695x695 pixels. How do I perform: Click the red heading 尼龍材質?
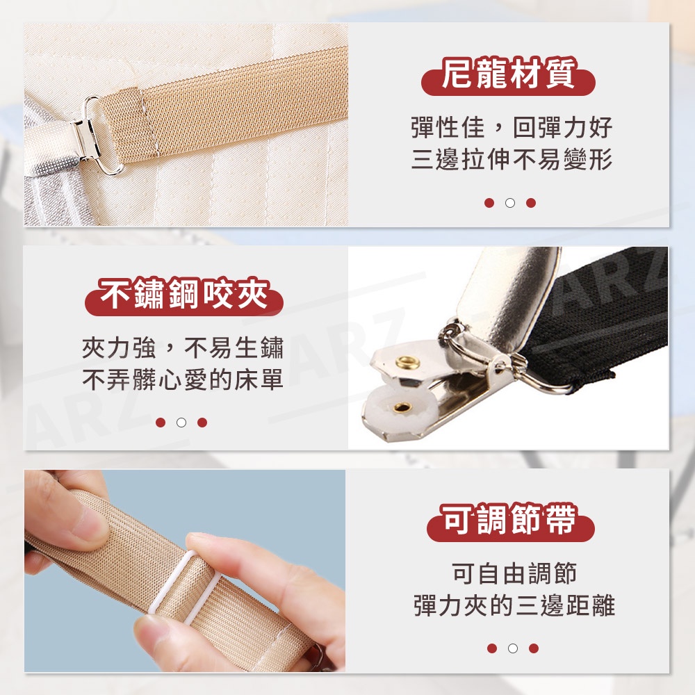[508, 74]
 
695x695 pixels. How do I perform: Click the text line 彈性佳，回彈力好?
[512, 128]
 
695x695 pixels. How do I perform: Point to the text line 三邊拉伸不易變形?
[512, 159]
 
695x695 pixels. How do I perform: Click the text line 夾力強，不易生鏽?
[183, 347]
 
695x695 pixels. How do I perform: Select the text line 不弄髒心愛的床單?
[183, 379]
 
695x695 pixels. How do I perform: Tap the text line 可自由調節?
[514, 573]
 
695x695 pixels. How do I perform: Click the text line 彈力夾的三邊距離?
[514, 605]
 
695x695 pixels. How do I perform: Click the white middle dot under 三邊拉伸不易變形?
[510, 203]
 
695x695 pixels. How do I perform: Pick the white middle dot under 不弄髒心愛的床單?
[181, 423]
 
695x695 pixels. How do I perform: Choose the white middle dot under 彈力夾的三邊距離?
[513, 648]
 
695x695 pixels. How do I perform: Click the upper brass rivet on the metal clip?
[408, 363]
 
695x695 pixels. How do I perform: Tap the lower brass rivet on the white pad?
[403, 407]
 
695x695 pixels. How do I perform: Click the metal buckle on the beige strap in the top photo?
[99, 136]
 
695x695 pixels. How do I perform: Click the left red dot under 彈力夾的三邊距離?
[492, 648]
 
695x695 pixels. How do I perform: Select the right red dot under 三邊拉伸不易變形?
[531, 203]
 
